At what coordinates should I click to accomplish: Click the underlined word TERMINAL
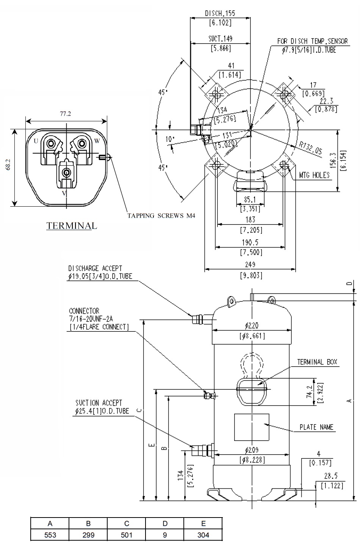(x=72, y=226)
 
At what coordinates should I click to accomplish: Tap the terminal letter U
(x=36, y=141)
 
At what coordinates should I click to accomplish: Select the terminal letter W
(x=97, y=141)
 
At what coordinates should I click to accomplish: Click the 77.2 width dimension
(x=66, y=113)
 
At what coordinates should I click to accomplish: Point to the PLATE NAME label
(x=316, y=427)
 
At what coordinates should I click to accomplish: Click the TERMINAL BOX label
(x=317, y=362)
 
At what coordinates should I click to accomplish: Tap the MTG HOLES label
(x=314, y=175)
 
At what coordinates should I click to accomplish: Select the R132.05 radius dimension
(x=310, y=148)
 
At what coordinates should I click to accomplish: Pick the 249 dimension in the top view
(x=250, y=265)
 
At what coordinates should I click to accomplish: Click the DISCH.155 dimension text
(x=220, y=13)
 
